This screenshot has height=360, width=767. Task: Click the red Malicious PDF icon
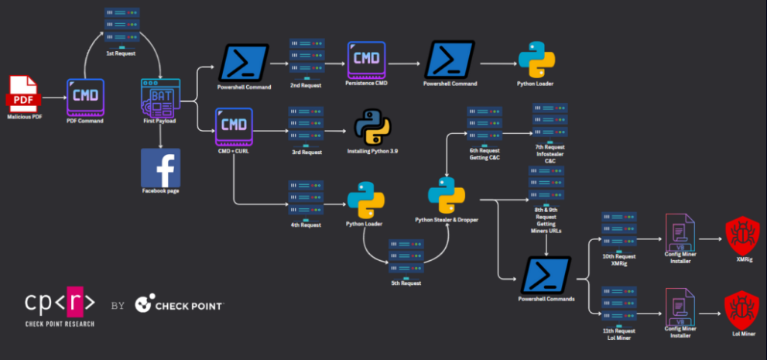[x=22, y=94]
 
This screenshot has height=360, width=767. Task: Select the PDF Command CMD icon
[x=85, y=98]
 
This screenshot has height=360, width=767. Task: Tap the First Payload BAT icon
[x=160, y=98]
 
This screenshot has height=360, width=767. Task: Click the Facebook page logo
[x=160, y=168]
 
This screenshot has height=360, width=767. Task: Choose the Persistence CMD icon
[x=366, y=60]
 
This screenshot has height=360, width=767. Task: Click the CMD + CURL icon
[x=234, y=127]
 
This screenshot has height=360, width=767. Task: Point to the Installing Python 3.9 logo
[x=372, y=127]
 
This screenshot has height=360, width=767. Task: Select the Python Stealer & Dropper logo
[x=446, y=195]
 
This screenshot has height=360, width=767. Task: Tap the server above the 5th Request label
[x=406, y=259]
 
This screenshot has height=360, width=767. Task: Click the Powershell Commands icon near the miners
[x=546, y=275]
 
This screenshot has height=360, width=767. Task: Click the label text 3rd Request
[x=306, y=152]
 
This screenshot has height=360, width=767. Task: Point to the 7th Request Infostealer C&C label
[x=550, y=153]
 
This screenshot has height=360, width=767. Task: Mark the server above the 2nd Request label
[x=306, y=59]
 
